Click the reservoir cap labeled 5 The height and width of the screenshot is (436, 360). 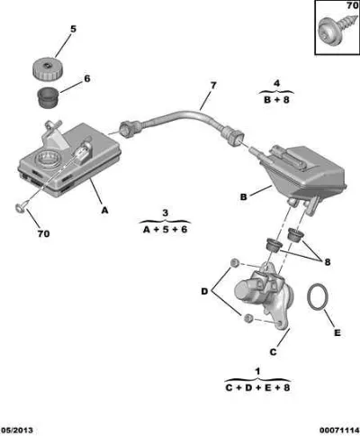(48, 68)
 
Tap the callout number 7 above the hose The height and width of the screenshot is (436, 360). (213, 86)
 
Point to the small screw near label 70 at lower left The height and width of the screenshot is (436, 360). (22, 207)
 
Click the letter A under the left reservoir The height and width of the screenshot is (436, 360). (104, 211)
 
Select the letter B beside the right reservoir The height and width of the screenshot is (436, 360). (243, 197)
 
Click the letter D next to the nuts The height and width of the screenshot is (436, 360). (204, 291)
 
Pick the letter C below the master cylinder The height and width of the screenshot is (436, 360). (273, 352)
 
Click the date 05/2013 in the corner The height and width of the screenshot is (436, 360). (17, 431)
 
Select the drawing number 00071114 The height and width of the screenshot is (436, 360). (338, 431)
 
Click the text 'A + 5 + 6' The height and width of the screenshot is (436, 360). (165, 230)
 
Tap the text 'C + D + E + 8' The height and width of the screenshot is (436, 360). (257, 387)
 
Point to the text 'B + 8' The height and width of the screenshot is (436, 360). (276, 100)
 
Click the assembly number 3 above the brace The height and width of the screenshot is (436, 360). (166, 213)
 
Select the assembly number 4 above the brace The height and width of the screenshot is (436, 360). (276, 83)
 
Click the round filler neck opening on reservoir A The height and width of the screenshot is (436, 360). (48, 159)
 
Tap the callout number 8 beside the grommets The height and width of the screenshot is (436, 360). (328, 262)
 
